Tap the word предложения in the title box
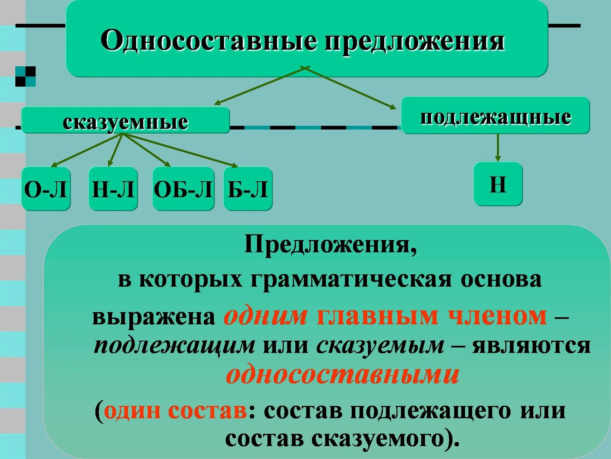414,41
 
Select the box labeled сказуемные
125,121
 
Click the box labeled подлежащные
495,116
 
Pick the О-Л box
46,189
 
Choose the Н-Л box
113,189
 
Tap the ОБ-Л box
183,189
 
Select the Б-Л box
248,189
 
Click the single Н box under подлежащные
498,184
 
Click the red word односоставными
342,374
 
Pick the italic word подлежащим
174,345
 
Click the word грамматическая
351,279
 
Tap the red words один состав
175,410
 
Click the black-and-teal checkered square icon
25,76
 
